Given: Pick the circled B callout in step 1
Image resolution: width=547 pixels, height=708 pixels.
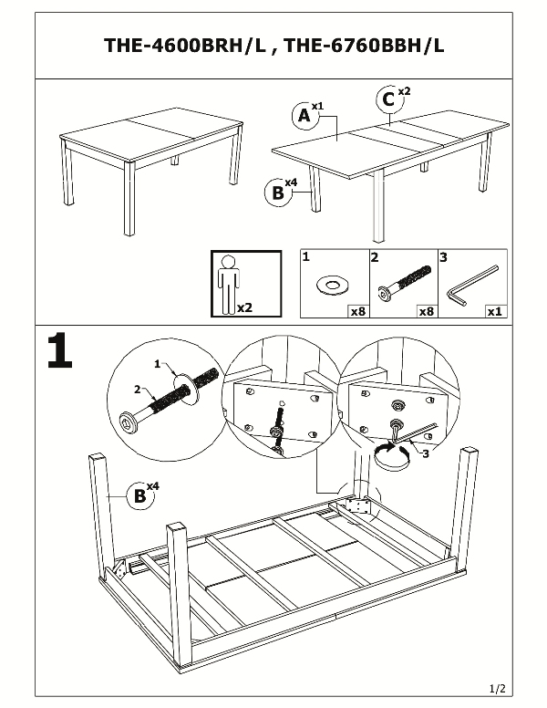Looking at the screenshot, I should pos(139,495).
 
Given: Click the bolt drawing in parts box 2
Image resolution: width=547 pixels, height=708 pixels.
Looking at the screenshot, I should pos(401,283).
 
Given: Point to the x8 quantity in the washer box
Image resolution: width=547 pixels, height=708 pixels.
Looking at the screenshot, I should pos(356,311).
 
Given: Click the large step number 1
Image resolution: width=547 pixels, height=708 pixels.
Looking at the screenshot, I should pos(59,351).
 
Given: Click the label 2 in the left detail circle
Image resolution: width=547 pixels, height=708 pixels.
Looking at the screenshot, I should pos(138,390).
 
